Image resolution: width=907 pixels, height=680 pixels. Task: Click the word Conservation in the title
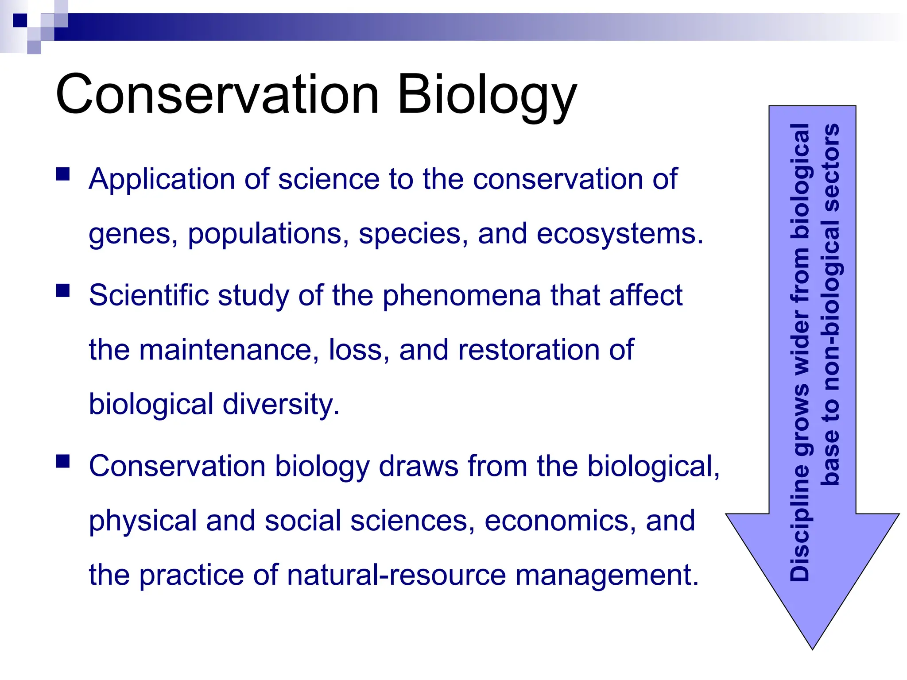(x=217, y=94)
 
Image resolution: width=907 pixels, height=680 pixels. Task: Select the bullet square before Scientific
(x=63, y=290)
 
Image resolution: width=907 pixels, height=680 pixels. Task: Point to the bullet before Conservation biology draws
(x=63, y=461)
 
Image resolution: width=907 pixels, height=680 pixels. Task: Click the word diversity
(x=280, y=404)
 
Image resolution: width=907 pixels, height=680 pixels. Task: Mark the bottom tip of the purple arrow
(x=812, y=647)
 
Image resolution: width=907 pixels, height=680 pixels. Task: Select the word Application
(x=162, y=180)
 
